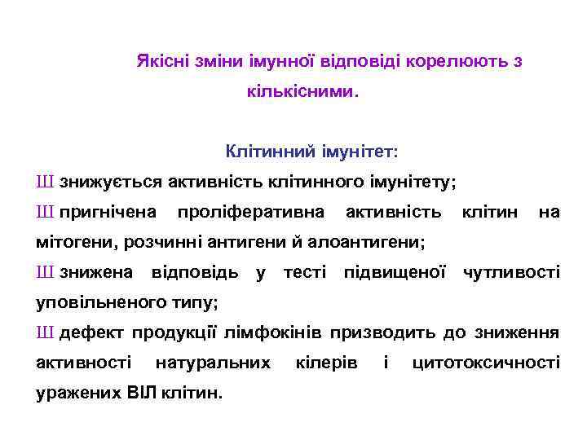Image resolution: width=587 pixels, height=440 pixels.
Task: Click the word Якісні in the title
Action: point(160,62)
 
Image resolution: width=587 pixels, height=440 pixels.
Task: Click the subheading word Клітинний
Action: point(261,152)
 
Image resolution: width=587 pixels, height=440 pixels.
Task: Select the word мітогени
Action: point(71,242)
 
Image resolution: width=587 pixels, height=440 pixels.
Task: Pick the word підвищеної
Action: point(395,272)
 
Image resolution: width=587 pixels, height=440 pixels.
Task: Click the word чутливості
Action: point(512,272)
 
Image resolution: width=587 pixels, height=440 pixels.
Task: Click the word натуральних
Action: point(213,363)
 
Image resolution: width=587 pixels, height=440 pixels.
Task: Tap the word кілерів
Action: point(326,363)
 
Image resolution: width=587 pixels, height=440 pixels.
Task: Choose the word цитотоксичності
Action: point(487,363)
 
